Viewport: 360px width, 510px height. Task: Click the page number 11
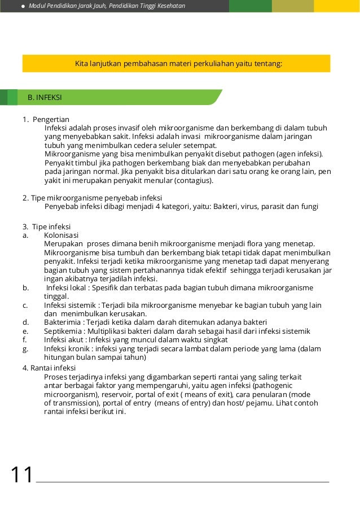click(22, 475)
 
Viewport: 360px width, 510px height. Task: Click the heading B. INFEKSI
click(45, 98)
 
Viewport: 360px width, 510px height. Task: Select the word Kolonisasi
click(62, 235)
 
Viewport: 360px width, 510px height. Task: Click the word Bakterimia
click(63, 322)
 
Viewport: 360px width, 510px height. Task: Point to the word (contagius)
click(194, 181)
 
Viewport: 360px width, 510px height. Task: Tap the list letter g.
click(25, 349)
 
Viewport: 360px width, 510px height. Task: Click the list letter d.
click(25, 322)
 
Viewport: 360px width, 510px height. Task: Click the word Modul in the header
click(38, 6)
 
